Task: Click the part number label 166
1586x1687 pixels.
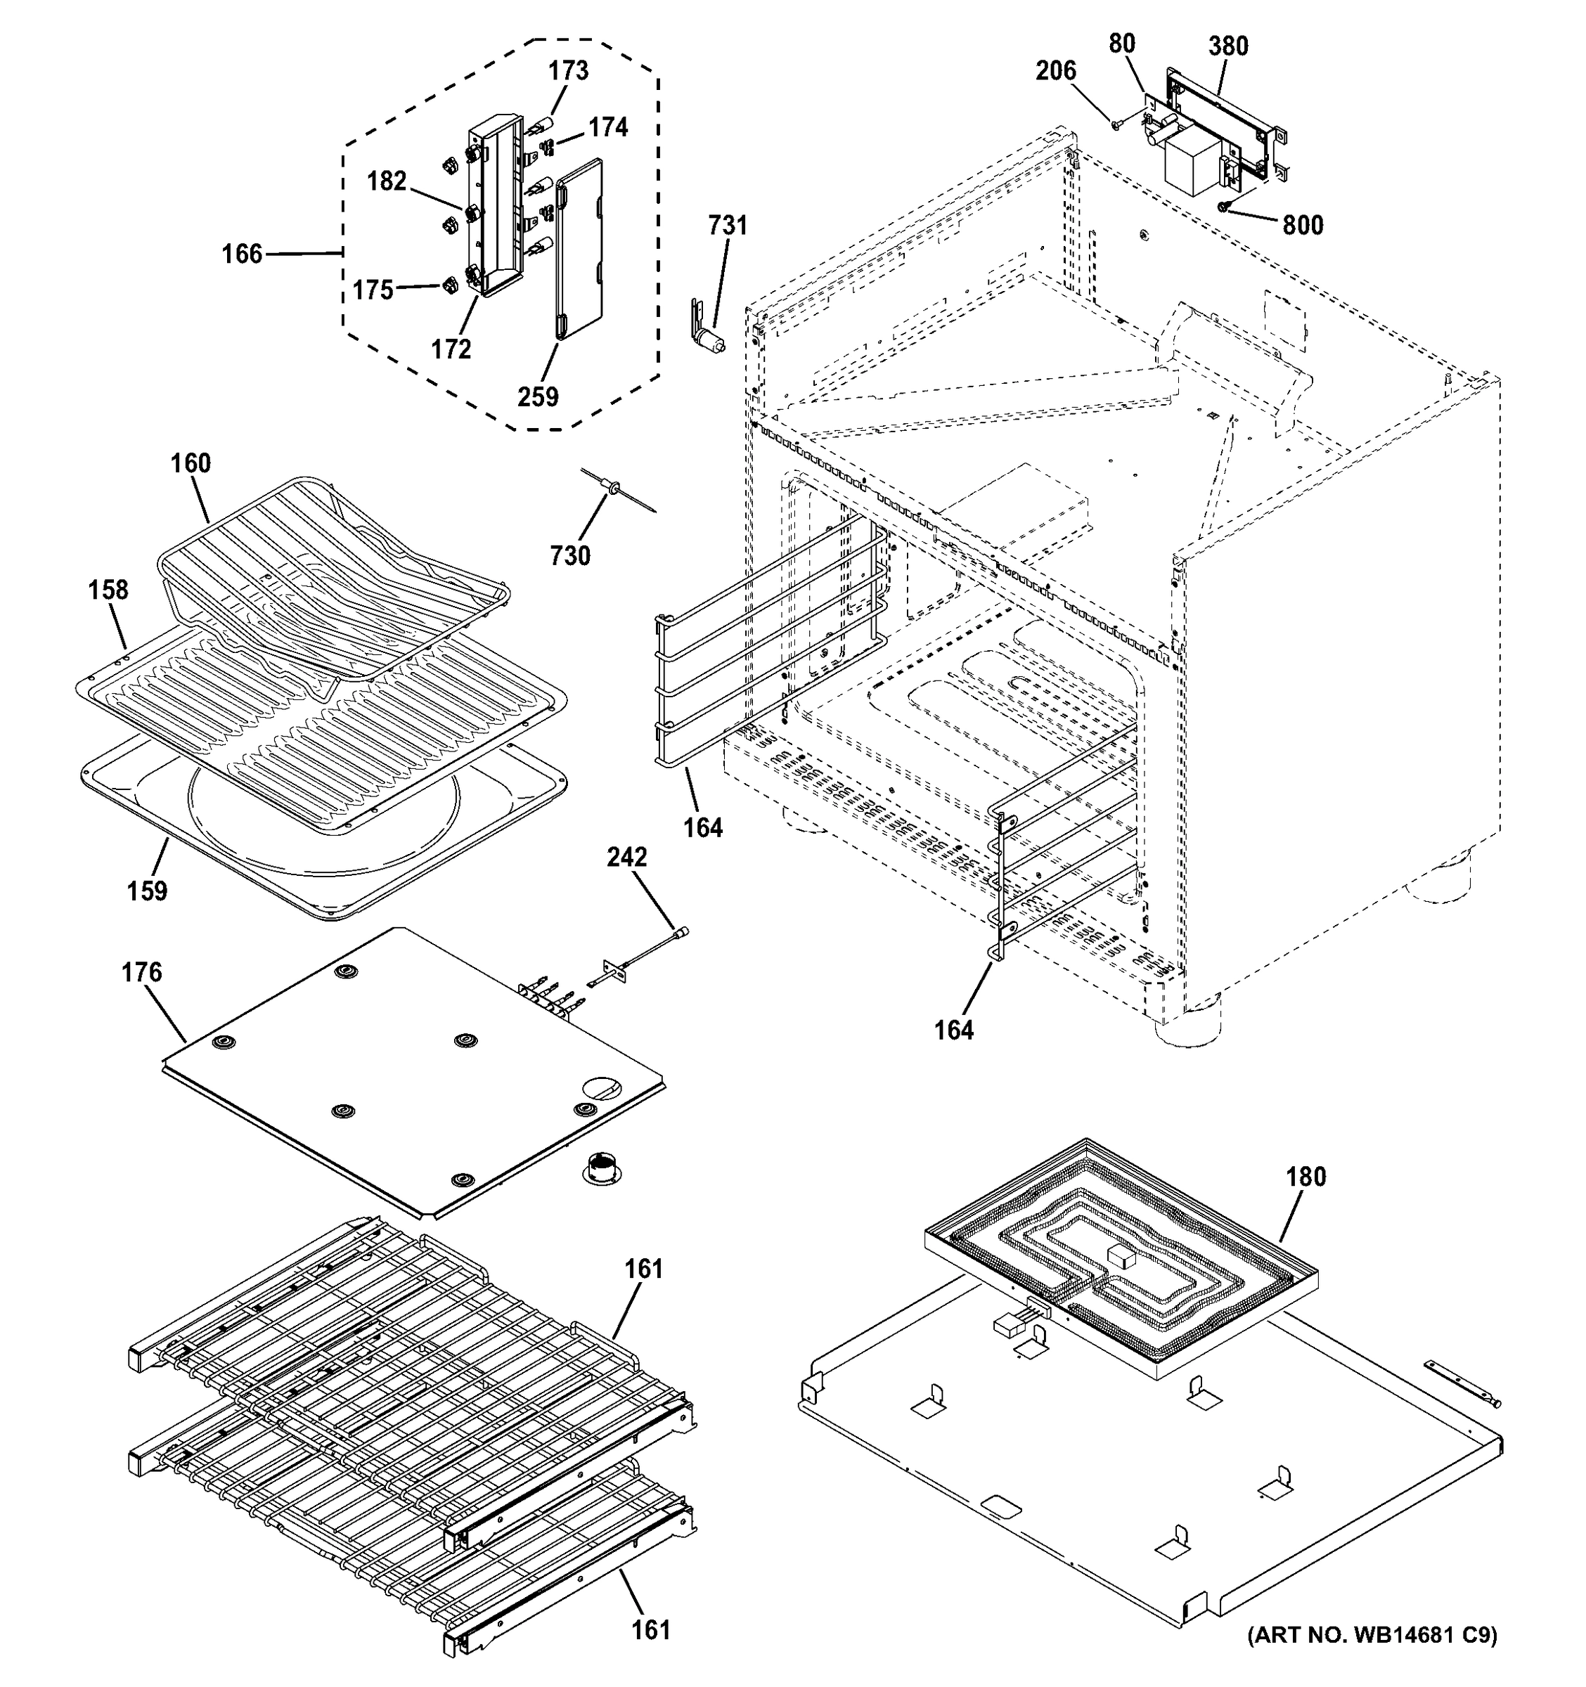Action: click(242, 254)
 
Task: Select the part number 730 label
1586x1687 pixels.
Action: click(569, 556)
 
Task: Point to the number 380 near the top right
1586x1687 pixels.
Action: click(1228, 46)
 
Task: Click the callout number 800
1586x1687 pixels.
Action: click(1303, 226)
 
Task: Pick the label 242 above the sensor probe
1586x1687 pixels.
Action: click(626, 857)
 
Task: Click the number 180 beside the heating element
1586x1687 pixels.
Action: click(1305, 1177)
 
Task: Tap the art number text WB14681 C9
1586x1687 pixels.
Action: click(1372, 1635)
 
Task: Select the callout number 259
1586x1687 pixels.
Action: click(538, 396)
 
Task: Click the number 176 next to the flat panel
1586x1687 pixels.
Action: click(141, 973)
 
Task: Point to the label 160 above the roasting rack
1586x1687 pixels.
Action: click(190, 463)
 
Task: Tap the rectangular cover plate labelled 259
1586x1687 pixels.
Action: click(579, 250)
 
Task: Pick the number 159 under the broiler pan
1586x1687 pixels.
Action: click(147, 891)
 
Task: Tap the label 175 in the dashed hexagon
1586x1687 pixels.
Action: click(373, 290)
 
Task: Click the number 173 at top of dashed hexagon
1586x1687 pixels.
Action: click(568, 70)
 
